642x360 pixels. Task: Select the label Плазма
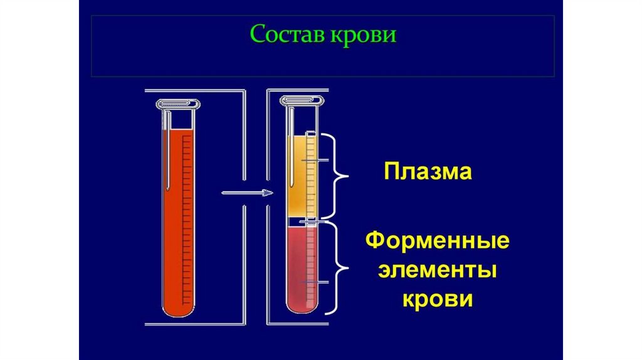pyautogui.click(x=428, y=172)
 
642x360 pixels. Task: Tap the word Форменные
pyautogui.click(x=437, y=241)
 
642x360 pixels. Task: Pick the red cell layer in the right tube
pyautogui.click(x=296, y=263)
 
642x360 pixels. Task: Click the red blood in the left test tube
pyautogui.click(x=172, y=220)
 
